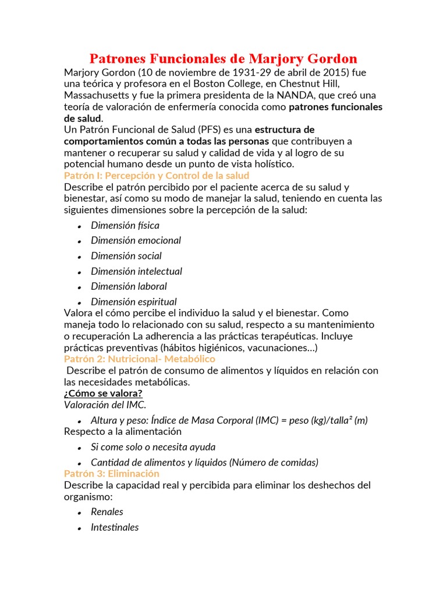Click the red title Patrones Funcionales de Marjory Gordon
223,59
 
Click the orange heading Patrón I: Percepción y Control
157,175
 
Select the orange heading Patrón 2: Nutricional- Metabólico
140,359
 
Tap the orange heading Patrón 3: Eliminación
112,474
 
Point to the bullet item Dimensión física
125,225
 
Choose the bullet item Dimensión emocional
136,240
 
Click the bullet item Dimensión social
126,256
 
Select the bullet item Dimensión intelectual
136,271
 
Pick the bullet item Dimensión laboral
129,286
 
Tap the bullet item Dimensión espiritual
134,301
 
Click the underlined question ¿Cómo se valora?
103,393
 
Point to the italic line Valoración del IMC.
105,405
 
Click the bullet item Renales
107,512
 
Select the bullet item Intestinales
115,527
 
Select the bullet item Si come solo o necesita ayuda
153,447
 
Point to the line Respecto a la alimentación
123,431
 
